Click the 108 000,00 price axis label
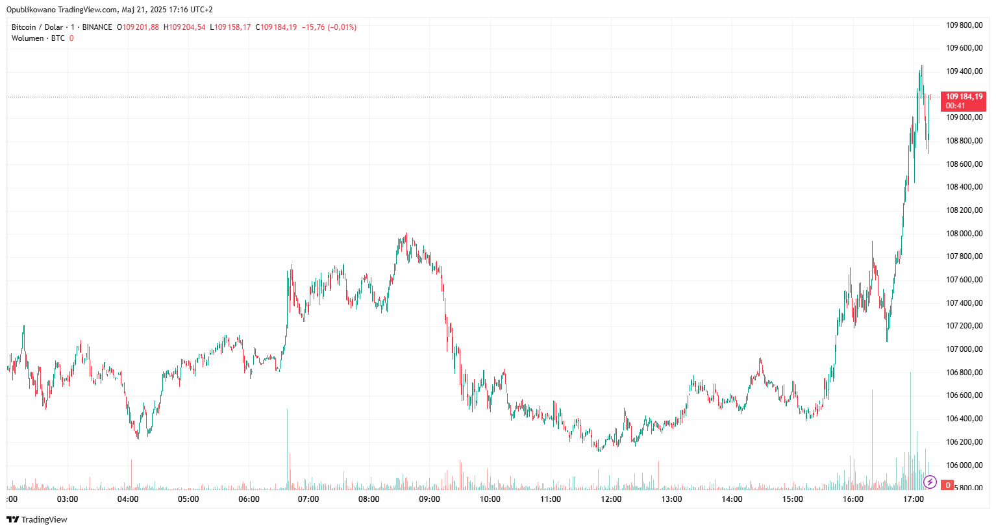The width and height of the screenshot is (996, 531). (964, 234)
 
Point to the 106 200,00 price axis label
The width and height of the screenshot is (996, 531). (964, 442)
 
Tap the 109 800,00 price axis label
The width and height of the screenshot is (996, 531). (964, 25)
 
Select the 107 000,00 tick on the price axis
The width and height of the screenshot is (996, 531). (964, 349)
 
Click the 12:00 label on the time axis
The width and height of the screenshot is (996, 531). (611, 499)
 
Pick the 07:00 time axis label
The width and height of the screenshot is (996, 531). (308, 499)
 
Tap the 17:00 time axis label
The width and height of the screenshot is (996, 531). (914, 499)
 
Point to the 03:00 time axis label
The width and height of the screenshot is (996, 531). (68, 499)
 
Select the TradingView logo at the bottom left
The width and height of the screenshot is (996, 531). (37, 519)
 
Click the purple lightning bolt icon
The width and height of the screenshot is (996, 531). (930, 482)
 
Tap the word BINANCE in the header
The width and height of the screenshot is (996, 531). (97, 27)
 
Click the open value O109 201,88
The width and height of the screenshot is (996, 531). (138, 27)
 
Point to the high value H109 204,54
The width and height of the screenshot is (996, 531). (184, 27)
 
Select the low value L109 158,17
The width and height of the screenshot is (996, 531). (230, 27)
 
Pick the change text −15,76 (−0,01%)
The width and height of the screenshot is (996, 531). (329, 27)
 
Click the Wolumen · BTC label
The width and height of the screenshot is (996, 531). (38, 38)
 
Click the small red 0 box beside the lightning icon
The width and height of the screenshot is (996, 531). (948, 485)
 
